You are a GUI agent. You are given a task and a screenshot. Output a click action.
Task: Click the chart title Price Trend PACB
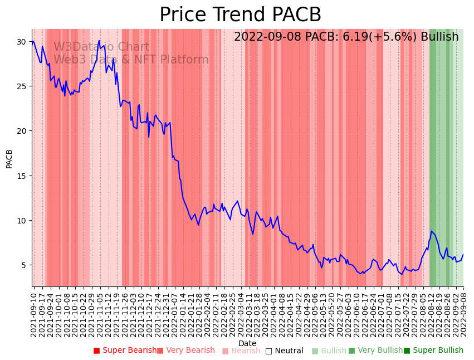pyautogui.click(x=240, y=15)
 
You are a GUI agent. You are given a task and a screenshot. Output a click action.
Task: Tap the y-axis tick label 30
pyautogui.click(x=21, y=42)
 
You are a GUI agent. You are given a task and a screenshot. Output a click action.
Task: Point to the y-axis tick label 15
pyautogui.click(x=21, y=176)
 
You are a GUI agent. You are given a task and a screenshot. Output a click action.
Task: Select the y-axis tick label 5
pyautogui.click(x=23, y=265)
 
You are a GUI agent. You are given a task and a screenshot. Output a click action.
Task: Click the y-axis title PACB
pyautogui.click(x=9, y=158)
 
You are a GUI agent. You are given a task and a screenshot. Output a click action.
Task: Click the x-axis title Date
pyautogui.click(x=247, y=343)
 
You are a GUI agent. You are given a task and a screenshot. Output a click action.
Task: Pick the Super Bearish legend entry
pyautogui.click(x=125, y=351)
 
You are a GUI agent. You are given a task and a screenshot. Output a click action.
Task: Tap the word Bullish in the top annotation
pyautogui.click(x=439, y=37)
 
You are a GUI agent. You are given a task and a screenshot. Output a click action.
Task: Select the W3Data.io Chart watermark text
pyautogui.click(x=101, y=47)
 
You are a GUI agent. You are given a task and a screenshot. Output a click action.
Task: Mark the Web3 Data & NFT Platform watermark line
pyautogui.click(x=131, y=60)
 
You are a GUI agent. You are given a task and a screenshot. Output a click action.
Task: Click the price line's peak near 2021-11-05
pyautogui.click(x=99, y=41)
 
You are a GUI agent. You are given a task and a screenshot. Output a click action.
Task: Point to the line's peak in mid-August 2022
pyautogui.click(x=431, y=231)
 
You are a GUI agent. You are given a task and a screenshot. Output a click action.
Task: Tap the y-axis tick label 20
pyautogui.click(x=21, y=131)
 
